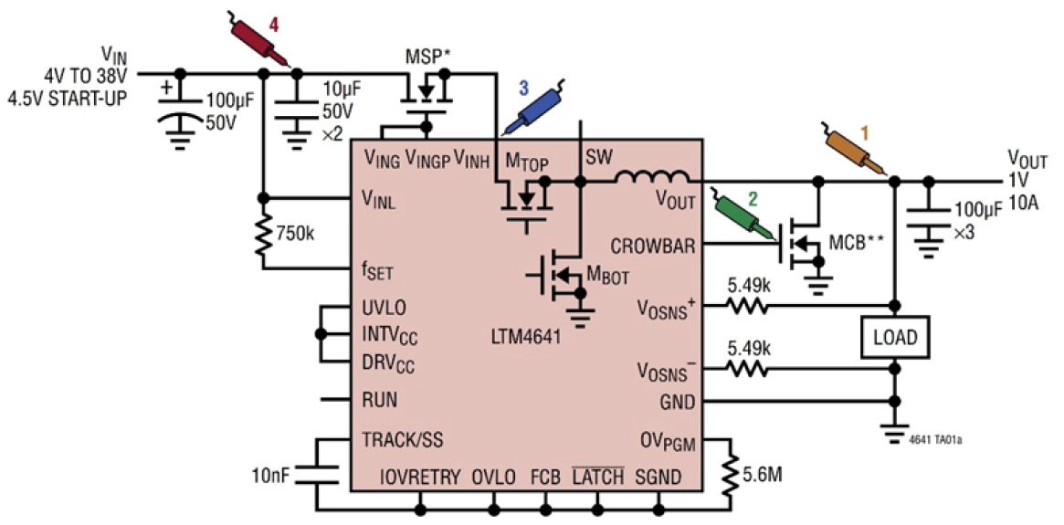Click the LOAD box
[x=894, y=339]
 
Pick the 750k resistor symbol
[x=263, y=234]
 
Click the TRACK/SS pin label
[x=402, y=439]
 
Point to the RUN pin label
[x=379, y=400]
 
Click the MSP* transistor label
[x=428, y=57]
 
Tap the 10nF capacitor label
[x=271, y=476]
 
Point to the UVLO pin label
[x=384, y=308]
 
